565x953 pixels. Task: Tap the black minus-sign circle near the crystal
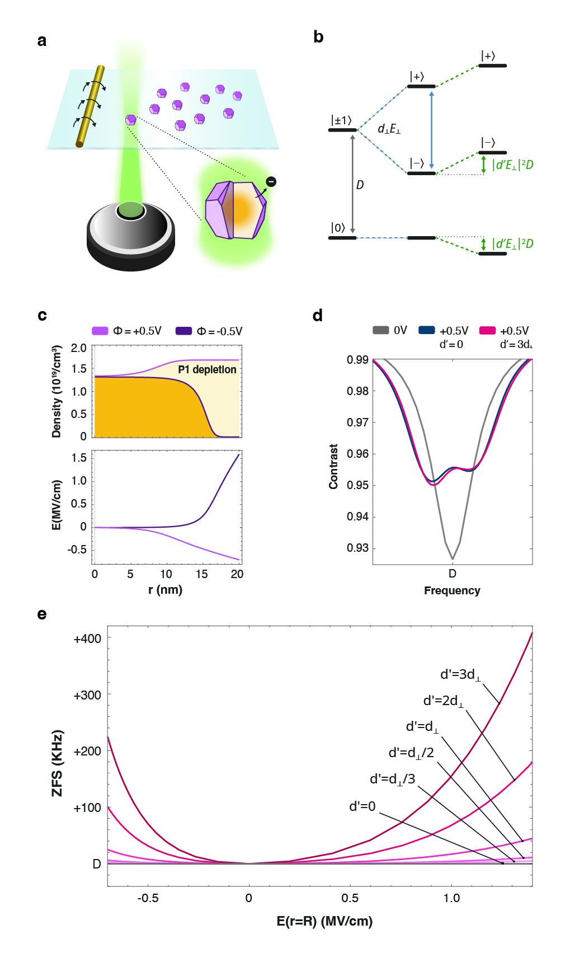271,181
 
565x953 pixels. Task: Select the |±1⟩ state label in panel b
341,120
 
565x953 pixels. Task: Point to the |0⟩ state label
338,227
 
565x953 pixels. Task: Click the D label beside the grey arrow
360,185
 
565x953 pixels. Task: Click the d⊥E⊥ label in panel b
389,129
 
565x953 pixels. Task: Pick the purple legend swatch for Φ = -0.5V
183,331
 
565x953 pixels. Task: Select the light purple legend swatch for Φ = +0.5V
100,331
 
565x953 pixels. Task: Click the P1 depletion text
207,369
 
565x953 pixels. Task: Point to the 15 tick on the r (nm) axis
201,574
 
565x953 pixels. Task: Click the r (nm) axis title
165,589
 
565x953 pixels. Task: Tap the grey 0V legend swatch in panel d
380,330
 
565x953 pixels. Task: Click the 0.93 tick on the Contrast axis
357,547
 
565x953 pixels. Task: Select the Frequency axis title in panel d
452,590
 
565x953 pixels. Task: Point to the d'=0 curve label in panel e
362,806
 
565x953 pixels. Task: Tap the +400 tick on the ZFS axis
87,639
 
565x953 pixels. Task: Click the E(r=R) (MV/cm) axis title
324,921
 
